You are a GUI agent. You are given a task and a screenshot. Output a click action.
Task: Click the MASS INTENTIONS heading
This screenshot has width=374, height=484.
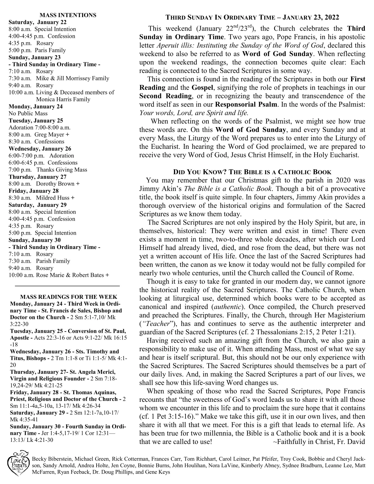(68, 15)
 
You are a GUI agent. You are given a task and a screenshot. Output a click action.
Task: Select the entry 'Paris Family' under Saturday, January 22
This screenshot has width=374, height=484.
(50, 50)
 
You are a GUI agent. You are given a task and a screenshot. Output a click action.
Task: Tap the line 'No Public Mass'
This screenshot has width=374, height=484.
(28, 113)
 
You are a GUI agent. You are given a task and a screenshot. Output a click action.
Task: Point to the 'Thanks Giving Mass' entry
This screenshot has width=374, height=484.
(62, 170)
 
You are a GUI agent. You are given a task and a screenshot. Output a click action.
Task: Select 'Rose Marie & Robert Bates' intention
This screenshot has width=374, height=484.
(70, 275)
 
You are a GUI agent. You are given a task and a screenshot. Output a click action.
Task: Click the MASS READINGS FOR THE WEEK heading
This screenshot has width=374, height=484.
(68, 297)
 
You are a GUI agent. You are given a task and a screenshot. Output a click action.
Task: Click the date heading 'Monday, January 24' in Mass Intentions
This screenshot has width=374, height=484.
(35, 107)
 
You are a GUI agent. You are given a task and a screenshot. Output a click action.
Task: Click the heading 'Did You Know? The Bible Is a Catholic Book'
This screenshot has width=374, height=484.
(252, 172)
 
